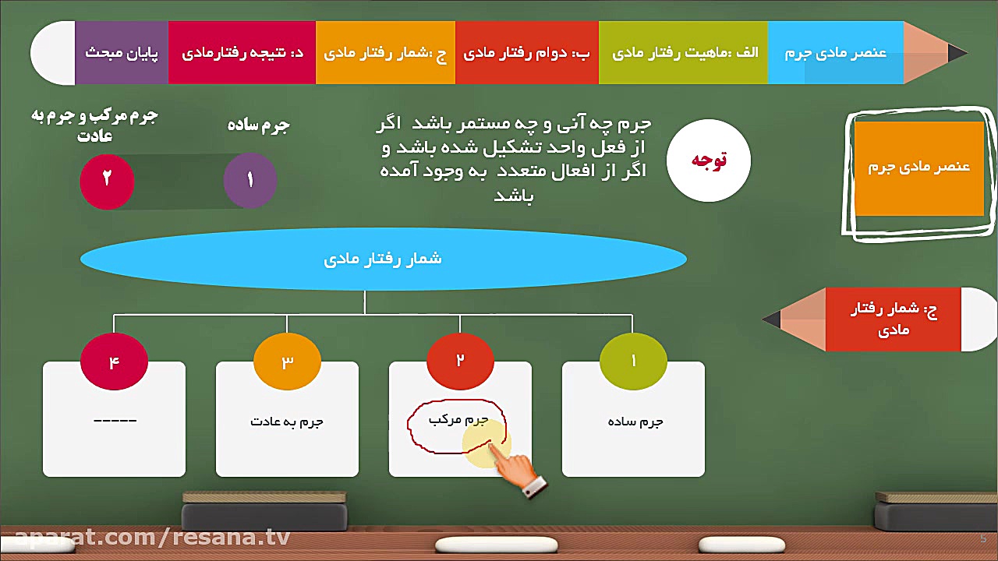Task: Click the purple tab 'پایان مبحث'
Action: (122, 53)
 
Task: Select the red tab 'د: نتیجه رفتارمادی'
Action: (242, 53)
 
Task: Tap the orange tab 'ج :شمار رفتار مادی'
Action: (385, 53)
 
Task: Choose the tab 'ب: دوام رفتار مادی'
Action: (527, 53)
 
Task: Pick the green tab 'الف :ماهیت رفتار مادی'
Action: (684, 53)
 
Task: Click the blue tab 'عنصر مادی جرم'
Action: (836, 53)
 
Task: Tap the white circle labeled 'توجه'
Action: (709, 161)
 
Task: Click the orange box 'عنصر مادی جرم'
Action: (919, 168)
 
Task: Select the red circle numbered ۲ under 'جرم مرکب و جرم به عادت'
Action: (107, 180)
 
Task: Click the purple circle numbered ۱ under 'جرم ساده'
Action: (250, 180)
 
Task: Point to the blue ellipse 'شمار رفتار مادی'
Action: (383, 259)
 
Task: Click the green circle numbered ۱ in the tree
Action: (633, 361)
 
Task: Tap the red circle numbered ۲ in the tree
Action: (460, 361)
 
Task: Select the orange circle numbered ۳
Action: (287, 361)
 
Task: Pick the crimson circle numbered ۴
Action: (114, 361)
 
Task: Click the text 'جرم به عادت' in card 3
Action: (287, 422)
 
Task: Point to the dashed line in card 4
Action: (115, 421)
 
